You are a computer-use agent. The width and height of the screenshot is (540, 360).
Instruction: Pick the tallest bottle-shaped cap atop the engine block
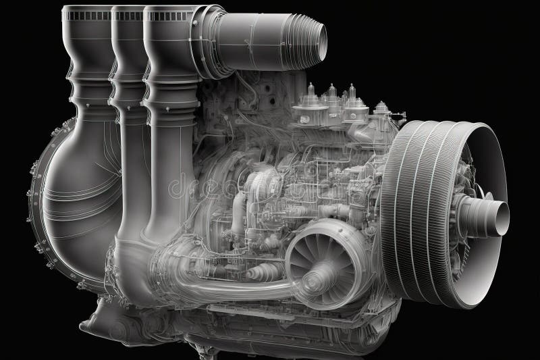(x=311, y=98)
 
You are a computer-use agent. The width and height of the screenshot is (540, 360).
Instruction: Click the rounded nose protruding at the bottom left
(x=108, y=317)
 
